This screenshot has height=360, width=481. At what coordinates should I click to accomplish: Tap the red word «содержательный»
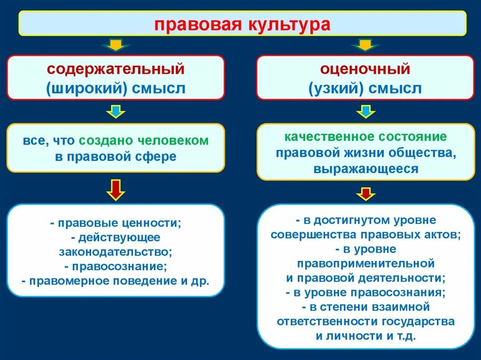[115, 69]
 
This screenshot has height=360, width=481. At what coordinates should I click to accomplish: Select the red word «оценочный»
[365, 69]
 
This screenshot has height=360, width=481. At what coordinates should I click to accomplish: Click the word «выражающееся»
[365, 169]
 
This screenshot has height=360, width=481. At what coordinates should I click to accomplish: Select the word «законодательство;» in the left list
[116, 252]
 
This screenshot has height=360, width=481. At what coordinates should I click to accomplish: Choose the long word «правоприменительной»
[365, 263]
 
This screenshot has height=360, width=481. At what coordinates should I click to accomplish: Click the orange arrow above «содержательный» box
[116, 45]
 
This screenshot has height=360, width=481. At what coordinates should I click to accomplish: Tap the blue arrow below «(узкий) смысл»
[365, 112]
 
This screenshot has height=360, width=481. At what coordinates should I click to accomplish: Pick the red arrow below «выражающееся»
[365, 193]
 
